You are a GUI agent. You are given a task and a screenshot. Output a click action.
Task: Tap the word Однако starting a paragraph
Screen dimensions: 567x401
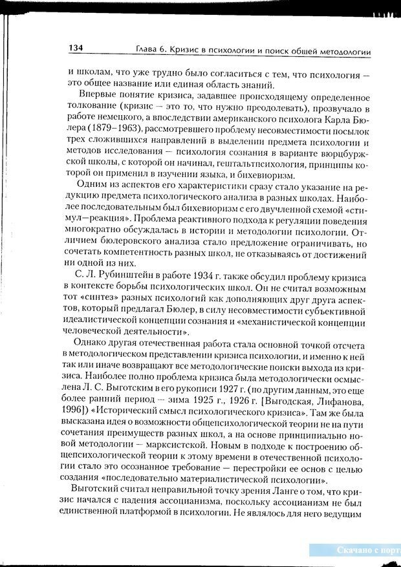92,343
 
